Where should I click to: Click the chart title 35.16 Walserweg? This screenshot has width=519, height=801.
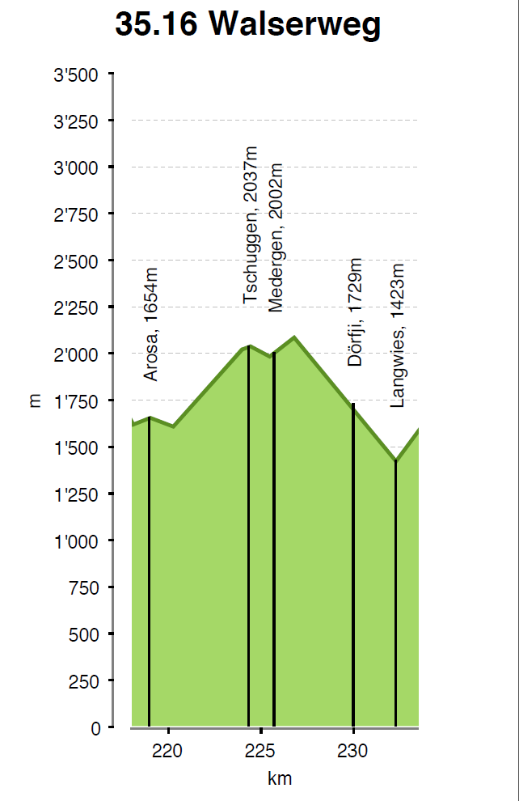pyautogui.click(x=247, y=25)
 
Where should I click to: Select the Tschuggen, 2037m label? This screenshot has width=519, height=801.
pyautogui.click(x=251, y=226)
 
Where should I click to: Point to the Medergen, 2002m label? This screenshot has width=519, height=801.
pyautogui.click(x=276, y=237)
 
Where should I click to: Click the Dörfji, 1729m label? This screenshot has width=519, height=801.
pyautogui.click(x=355, y=313)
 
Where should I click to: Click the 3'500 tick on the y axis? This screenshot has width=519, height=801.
pyautogui.click(x=76, y=75)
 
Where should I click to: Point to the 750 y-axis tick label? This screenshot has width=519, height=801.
pyautogui.click(x=82, y=588)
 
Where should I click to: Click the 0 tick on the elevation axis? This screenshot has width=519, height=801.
pyautogui.click(x=96, y=728)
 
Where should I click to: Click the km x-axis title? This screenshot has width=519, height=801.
pyautogui.click(x=280, y=779)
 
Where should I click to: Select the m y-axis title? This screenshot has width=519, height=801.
pyautogui.click(x=35, y=401)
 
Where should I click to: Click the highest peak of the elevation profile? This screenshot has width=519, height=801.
pyautogui.click(x=294, y=337)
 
